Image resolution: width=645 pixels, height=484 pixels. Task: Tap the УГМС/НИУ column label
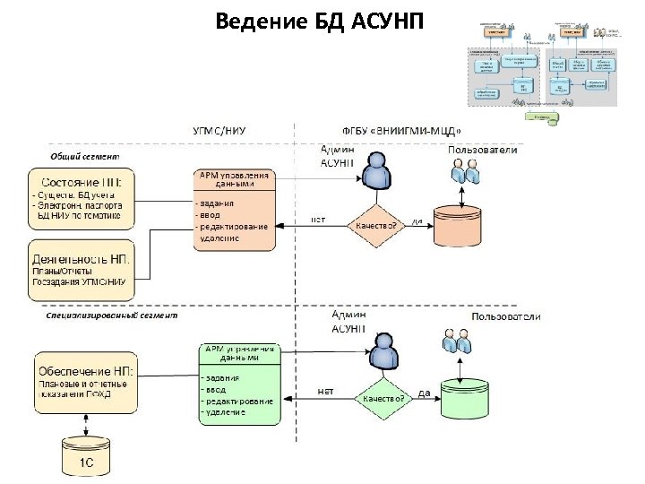[x=220, y=131]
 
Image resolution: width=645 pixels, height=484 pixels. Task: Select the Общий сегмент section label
[x=85, y=156]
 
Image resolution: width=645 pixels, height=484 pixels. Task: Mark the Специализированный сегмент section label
[x=112, y=315]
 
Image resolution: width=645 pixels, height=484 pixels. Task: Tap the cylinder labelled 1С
[x=86, y=458]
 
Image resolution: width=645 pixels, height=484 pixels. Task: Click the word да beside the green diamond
[x=426, y=392]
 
